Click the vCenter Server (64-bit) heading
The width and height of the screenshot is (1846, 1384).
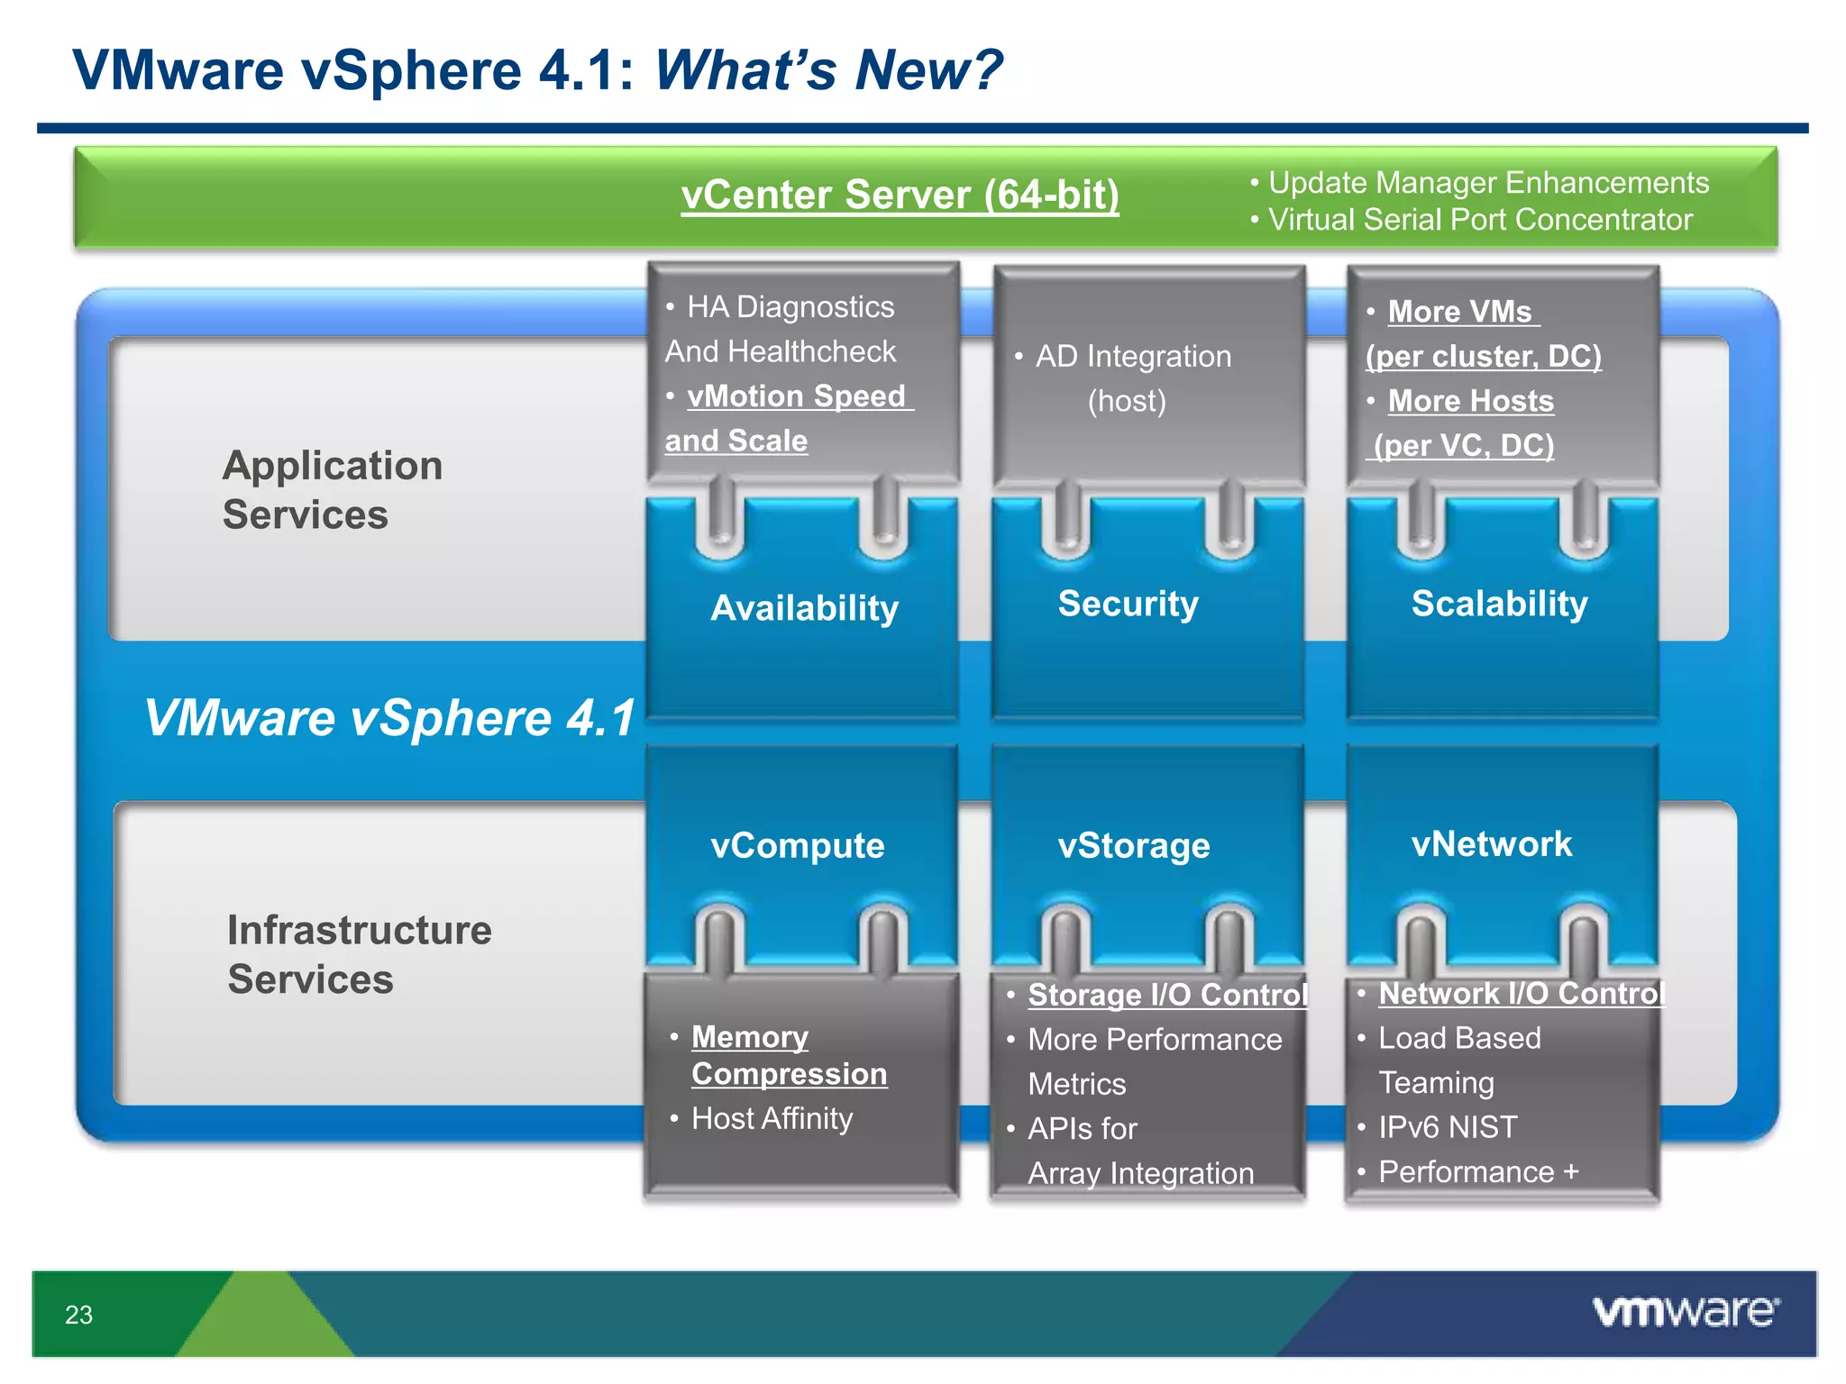pos(900,195)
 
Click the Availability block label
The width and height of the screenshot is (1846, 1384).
pos(804,607)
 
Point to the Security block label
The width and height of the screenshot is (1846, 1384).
pos(1128,603)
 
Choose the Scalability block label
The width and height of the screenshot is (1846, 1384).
pos(1499,603)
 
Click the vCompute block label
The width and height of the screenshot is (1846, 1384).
pos(797,845)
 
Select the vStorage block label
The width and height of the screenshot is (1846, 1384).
pos(1133,845)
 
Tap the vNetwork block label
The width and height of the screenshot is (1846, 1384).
pos(1491,843)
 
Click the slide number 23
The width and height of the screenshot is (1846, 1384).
pos(78,1315)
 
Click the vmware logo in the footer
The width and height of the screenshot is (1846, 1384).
pos(1685,1311)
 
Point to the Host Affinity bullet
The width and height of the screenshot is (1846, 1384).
pos(771,1118)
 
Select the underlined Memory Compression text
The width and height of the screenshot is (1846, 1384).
pos(788,1055)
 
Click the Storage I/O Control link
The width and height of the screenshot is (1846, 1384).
pos(1167,994)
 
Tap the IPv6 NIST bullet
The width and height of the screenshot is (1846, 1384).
pos(1447,1127)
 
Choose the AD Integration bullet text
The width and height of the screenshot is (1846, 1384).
pos(1132,357)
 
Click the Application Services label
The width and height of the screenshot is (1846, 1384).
pos(332,489)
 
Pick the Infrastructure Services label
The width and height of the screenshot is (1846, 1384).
pos(359,953)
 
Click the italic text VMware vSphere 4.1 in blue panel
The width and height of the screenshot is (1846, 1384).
pos(389,718)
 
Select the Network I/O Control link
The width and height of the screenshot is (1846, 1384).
pos(1521,993)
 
